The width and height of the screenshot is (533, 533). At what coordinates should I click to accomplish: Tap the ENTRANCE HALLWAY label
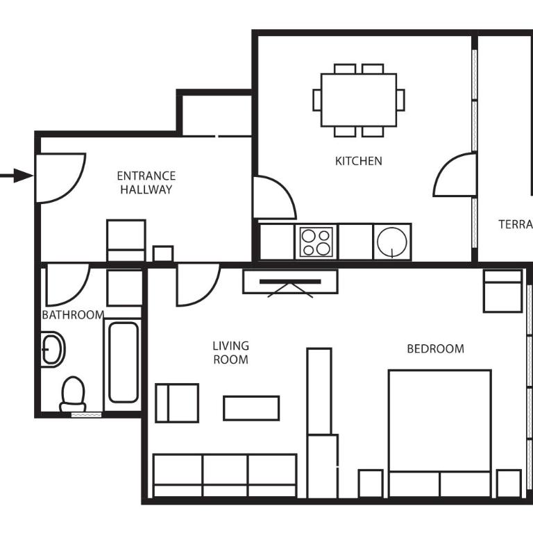click(146, 183)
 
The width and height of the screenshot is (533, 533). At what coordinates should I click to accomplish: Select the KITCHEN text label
click(358, 161)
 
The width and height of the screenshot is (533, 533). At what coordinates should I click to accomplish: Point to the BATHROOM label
click(72, 315)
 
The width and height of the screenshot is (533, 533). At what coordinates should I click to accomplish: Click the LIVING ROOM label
click(230, 353)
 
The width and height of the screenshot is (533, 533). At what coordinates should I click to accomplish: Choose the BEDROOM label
click(435, 348)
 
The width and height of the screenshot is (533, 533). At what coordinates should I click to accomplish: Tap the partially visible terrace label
click(515, 224)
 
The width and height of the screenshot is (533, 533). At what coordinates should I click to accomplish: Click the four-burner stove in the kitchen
click(316, 242)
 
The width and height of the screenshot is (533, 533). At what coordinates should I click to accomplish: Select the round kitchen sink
click(392, 242)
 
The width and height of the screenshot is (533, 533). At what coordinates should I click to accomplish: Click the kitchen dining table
click(358, 100)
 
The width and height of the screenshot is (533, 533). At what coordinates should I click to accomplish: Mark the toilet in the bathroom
click(73, 396)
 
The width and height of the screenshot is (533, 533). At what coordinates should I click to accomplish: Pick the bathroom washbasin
click(52, 349)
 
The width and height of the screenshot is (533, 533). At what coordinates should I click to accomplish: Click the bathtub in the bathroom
click(123, 362)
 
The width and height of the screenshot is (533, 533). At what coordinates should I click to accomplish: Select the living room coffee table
click(251, 408)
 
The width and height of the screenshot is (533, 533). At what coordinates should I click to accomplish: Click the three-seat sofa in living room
click(224, 475)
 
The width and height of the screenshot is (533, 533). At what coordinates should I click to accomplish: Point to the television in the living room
click(290, 282)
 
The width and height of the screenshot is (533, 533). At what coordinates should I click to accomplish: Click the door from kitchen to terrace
click(456, 176)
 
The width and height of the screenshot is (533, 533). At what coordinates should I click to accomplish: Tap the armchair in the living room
click(177, 403)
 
